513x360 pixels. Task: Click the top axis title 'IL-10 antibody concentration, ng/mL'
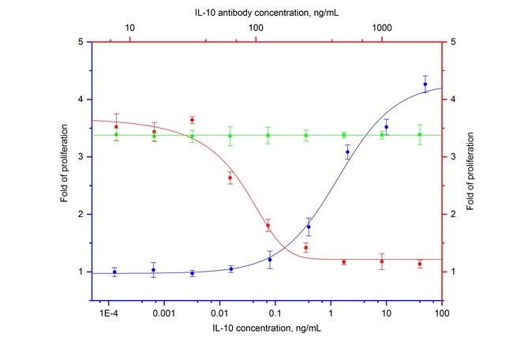click(x=268, y=12)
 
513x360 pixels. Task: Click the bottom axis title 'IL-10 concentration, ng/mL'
click(x=268, y=327)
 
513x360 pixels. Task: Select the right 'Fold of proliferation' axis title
click(x=470, y=157)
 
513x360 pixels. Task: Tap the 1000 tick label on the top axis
click(x=382, y=28)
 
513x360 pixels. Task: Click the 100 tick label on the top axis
click(x=256, y=28)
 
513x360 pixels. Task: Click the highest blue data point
click(x=425, y=84)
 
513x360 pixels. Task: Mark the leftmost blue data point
click(x=115, y=272)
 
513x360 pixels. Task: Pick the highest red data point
click(x=192, y=120)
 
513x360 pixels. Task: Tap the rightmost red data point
click(x=420, y=264)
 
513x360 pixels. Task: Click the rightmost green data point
click(x=420, y=135)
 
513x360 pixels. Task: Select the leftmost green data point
click(x=116, y=134)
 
